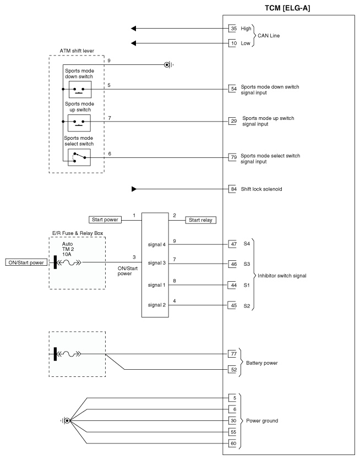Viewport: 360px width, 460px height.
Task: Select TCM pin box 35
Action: pos(233,29)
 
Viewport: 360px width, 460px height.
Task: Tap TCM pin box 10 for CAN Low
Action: pos(233,42)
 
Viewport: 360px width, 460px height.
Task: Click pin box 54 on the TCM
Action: pos(233,89)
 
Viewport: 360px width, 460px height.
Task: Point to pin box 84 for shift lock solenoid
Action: pos(233,189)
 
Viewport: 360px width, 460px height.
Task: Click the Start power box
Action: pos(105,220)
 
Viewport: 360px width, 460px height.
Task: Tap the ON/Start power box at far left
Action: pos(25,262)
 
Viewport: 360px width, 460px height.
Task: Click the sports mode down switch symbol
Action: pos(79,89)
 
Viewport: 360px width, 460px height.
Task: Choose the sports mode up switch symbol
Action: pos(79,123)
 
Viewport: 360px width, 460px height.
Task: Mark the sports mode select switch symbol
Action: pos(79,157)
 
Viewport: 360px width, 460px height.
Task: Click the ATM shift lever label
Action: pos(76,51)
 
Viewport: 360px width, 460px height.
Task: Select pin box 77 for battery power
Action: pos(233,354)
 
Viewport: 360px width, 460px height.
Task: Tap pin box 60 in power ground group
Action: pos(233,443)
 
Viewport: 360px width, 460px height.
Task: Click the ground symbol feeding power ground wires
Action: pos(67,421)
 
